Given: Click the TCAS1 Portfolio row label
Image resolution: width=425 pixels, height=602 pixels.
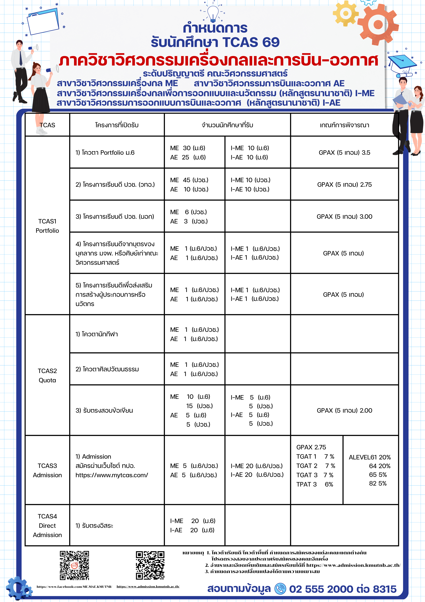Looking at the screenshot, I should click(47, 226).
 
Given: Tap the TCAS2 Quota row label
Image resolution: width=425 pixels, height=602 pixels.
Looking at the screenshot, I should click(47, 376).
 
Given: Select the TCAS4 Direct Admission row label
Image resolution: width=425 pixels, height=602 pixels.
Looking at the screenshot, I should click(47, 525).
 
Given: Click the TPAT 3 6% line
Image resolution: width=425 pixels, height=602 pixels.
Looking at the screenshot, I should click(314, 484).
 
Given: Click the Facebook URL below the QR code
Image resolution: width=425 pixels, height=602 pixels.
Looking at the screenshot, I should click(74, 586).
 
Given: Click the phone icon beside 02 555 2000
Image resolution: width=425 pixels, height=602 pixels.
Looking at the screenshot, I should click(280, 589).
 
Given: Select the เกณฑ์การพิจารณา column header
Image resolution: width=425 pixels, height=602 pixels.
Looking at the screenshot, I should click(344, 125).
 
